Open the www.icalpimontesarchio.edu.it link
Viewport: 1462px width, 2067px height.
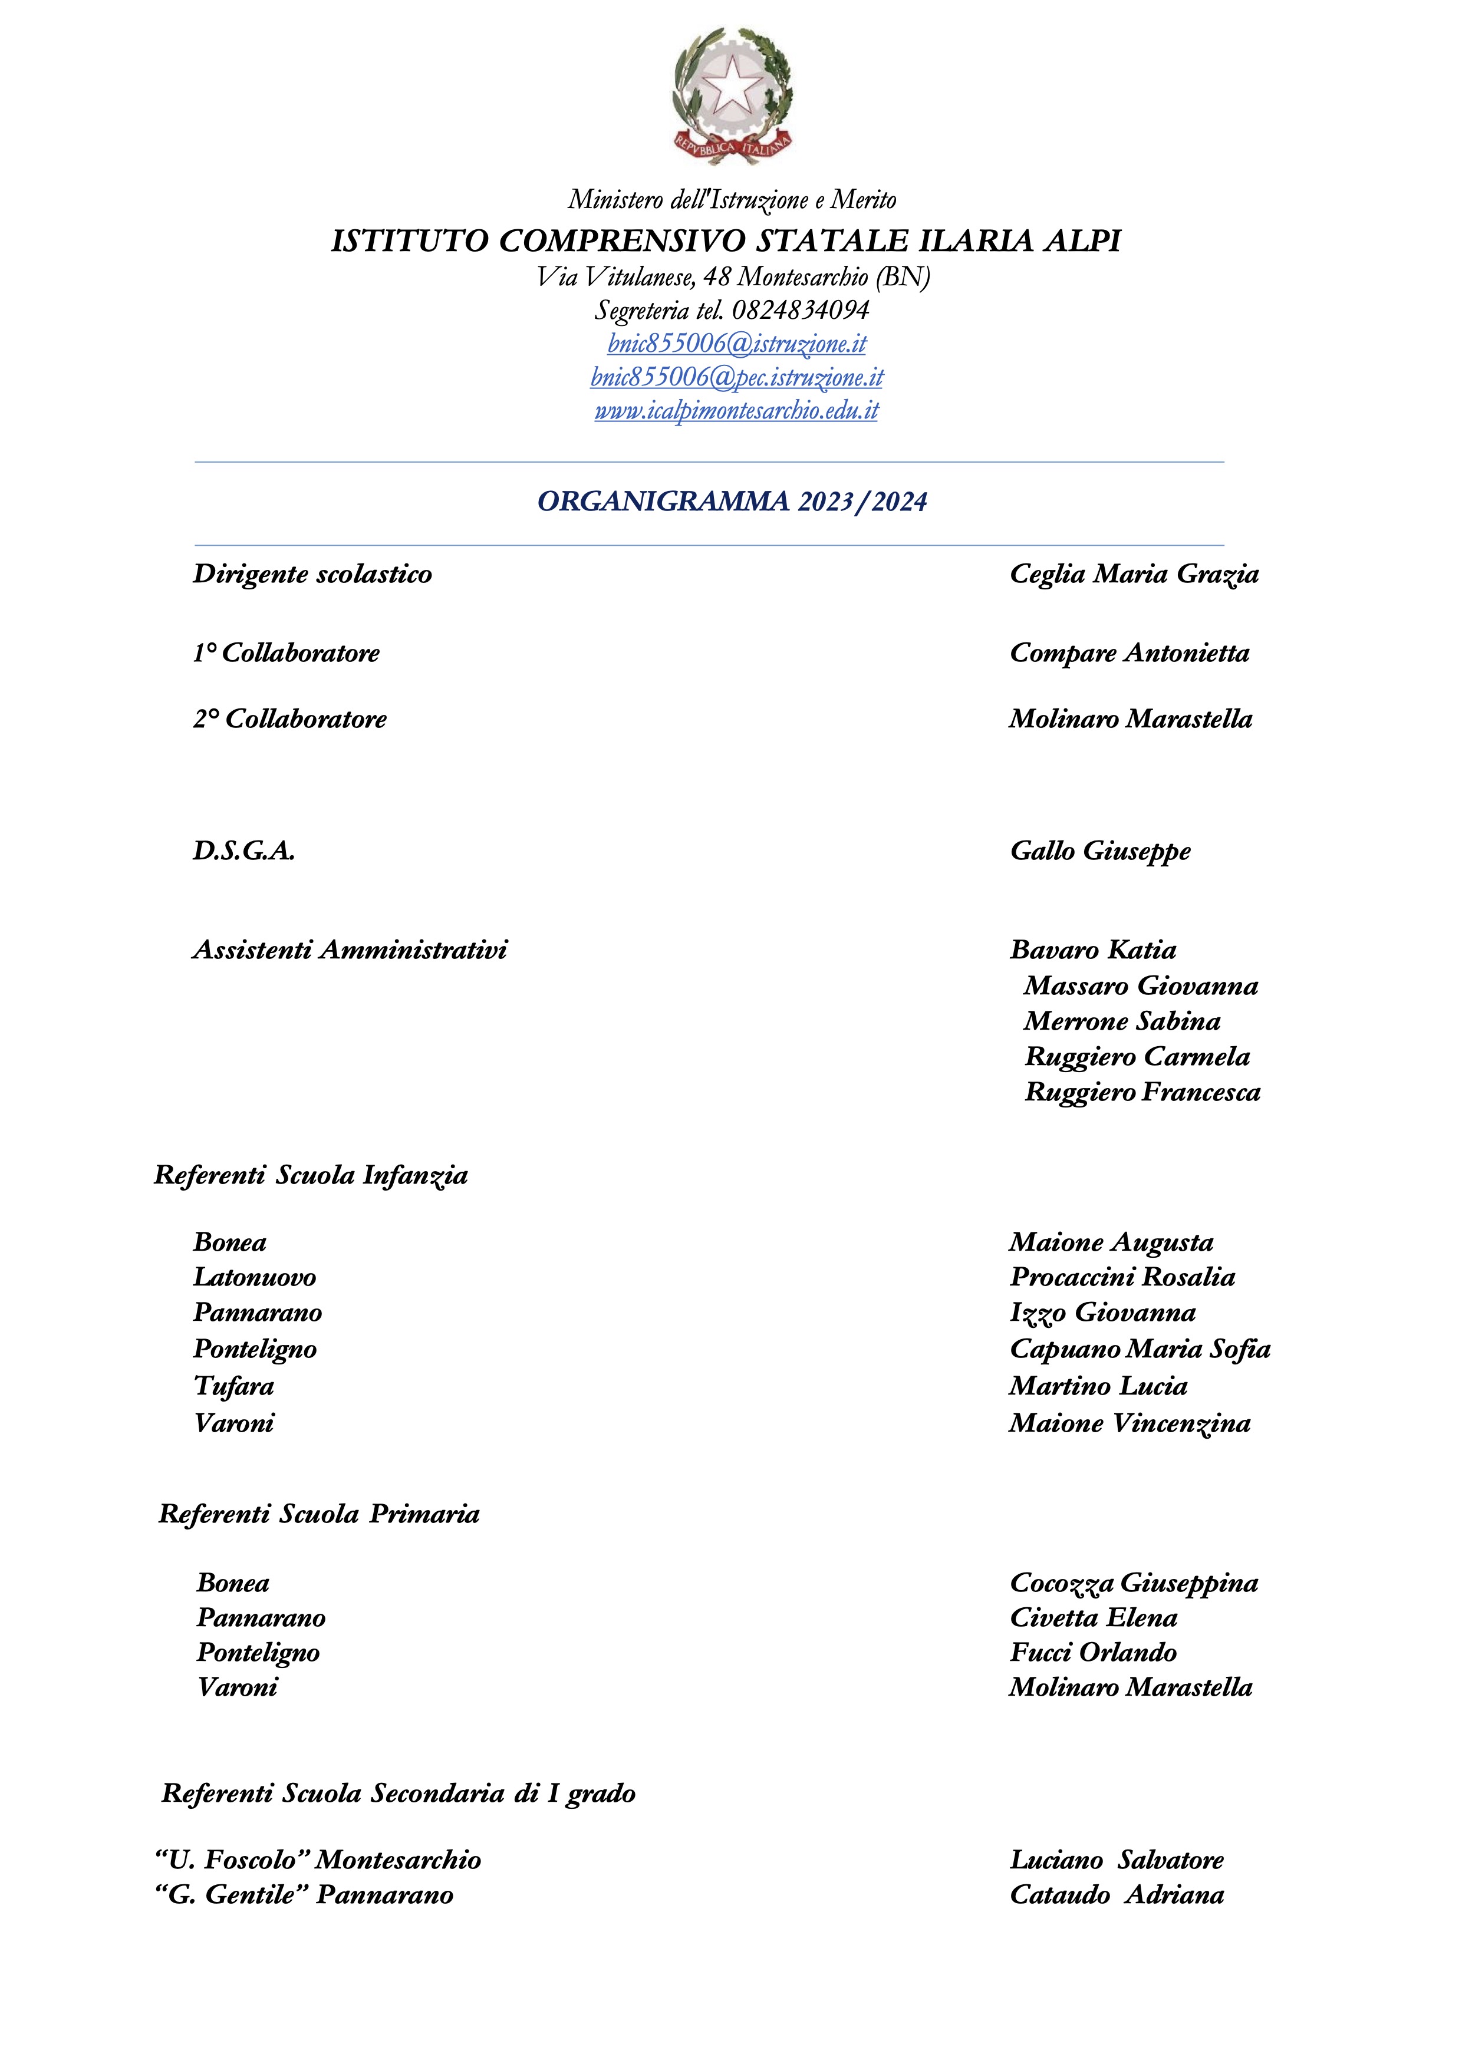pyautogui.click(x=736, y=411)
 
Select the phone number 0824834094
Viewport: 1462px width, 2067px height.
pyautogui.click(x=801, y=311)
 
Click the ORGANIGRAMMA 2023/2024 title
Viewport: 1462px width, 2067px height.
pyautogui.click(x=732, y=502)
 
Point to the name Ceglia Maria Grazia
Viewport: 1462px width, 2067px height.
pyautogui.click(x=1134, y=575)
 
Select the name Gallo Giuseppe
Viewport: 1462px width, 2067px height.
pyautogui.click(x=1099, y=850)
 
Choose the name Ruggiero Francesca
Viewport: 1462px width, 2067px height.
pyautogui.click(x=1141, y=1092)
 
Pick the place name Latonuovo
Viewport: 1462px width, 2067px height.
pyautogui.click(x=255, y=1277)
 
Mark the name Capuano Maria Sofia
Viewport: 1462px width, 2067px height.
pyautogui.click(x=1140, y=1349)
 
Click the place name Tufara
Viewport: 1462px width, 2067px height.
pyautogui.click(x=234, y=1386)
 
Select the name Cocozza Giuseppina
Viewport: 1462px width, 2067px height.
pyautogui.click(x=1134, y=1583)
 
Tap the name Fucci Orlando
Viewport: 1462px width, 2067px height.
pyautogui.click(x=1093, y=1652)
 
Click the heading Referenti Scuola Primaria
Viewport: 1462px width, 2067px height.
pyautogui.click(x=319, y=1514)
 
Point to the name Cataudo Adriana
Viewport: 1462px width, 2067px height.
pyautogui.click(x=1117, y=1895)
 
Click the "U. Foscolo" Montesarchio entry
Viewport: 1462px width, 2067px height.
pyautogui.click(x=318, y=1860)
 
